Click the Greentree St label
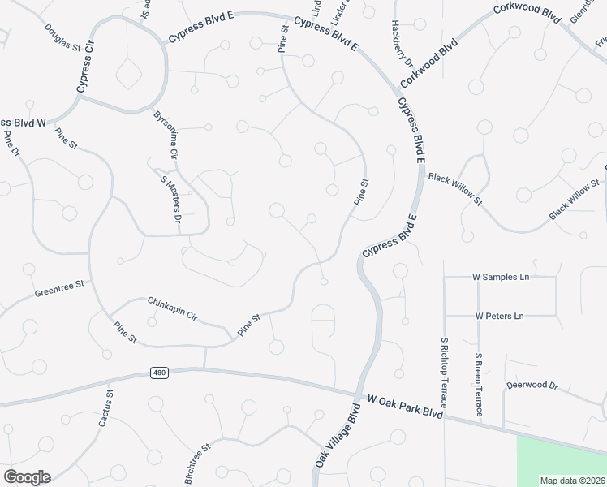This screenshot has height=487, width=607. point(59,289)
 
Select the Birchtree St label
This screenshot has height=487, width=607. point(197,463)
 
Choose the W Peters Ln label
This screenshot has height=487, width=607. point(499,315)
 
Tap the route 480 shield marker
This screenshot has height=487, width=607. point(159,373)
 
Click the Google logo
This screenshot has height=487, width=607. point(27,477)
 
